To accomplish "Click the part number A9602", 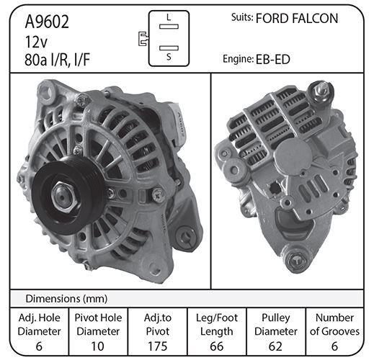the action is pyautogui.click(x=47, y=22).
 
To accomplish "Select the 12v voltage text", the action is pyautogui.click(x=36, y=42).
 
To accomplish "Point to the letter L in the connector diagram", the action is pyautogui.click(x=169, y=17).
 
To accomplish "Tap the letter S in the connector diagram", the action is pyautogui.click(x=169, y=57).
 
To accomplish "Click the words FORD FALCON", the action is pyautogui.click(x=297, y=19).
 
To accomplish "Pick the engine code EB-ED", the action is pyautogui.click(x=273, y=60).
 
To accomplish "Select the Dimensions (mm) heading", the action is pyautogui.click(x=66, y=299).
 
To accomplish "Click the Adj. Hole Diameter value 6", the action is pyautogui.click(x=39, y=346).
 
